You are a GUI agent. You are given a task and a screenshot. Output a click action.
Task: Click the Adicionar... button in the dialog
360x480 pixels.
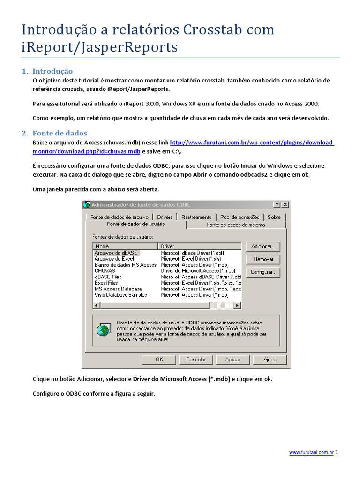pos(263,246)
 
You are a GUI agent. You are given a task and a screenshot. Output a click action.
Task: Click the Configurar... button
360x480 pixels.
pos(263,272)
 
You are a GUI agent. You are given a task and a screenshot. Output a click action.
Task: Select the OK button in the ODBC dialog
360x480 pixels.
pos(159,360)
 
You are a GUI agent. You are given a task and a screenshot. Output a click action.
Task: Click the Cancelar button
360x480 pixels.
pos(196,360)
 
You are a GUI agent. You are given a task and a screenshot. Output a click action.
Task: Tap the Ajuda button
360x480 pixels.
pos(270,360)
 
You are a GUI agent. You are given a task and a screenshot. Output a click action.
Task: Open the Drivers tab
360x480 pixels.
pos(165,217)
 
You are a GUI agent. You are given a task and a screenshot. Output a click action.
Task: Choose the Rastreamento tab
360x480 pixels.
pos(196,217)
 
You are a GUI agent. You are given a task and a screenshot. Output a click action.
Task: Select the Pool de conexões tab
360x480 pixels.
pos(240,217)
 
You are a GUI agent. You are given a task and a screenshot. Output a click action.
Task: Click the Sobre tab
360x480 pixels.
pos(274,217)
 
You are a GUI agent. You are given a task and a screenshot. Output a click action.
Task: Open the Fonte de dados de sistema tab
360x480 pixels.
pos(236,225)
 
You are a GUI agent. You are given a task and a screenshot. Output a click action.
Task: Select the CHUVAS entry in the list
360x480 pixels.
pos(105,271)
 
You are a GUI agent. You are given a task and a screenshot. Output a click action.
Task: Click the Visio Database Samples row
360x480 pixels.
pos(120,295)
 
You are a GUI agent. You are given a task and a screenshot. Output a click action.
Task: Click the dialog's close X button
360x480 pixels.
pos(285,205)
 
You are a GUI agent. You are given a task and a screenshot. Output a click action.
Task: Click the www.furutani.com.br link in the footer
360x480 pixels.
pos(311,453)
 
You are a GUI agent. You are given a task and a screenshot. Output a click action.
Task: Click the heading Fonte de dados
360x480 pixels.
pos(60,133)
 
